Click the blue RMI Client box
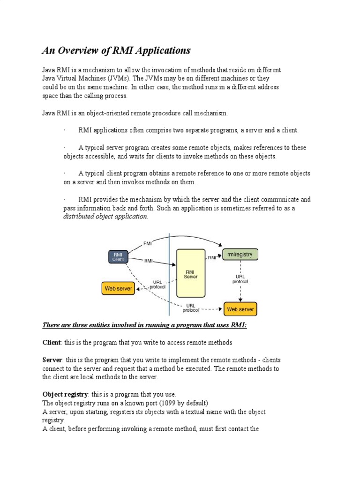point(118,256)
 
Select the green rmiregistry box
point(240,255)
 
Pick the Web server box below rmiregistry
point(241,309)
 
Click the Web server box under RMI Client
point(118,288)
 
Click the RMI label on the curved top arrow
point(148,243)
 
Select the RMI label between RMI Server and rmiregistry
point(212,257)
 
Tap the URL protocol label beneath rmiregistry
point(240,279)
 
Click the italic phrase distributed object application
point(105,217)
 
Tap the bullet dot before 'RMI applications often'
point(65,130)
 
